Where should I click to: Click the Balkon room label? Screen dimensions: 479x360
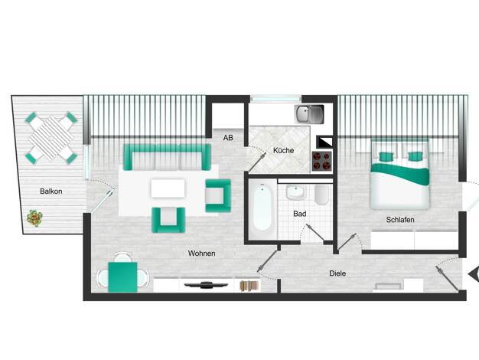tap(51, 191)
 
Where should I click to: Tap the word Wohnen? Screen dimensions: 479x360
tap(201, 254)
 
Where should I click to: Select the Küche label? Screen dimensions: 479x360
tap(283, 150)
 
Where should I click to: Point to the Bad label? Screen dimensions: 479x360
tap(300, 214)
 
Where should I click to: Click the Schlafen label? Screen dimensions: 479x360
tap(400, 220)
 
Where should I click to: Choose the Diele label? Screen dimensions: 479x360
tap(337, 273)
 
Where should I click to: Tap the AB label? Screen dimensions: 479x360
tap(228, 138)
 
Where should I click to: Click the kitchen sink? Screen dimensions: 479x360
tap(309, 114)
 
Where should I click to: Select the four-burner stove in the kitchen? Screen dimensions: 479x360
tap(322, 161)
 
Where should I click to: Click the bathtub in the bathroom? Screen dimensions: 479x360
tap(262, 208)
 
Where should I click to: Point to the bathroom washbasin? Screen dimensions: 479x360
tap(295, 192)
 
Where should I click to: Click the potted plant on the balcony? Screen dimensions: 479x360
tap(34, 218)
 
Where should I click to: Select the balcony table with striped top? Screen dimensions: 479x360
tap(51, 138)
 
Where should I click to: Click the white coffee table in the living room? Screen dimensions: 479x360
tap(168, 188)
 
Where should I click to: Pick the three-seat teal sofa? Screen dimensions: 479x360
tap(167, 157)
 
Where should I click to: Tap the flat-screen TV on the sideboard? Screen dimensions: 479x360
tap(206, 285)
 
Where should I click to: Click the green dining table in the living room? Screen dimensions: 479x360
tap(122, 277)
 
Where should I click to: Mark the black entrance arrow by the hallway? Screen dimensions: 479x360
tap(474, 274)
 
